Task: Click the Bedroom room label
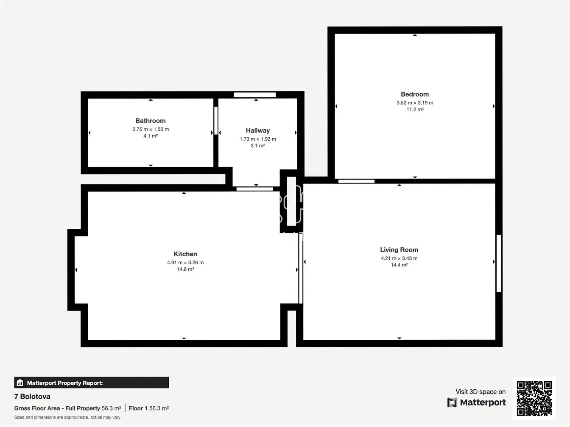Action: point(415,94)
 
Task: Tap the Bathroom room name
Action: point(151,121)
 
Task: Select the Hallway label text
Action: point(258,130)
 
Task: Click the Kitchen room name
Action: point(185,254)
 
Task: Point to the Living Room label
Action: point(399,250)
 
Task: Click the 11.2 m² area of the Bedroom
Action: point(415,109)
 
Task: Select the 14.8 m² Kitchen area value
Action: point(185,269)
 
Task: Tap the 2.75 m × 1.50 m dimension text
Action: point(151,129)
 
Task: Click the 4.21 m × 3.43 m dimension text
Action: point(399,258)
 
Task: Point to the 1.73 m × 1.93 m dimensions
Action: point(258,139)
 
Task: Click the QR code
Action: point(534,398)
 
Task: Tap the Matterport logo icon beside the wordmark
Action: point(452,402)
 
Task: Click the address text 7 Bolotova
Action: point(32,396)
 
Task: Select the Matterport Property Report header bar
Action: point(91,383)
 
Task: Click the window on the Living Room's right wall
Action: point(499,263)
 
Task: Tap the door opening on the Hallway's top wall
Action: point(254,95)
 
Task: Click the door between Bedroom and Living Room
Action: point(356,181)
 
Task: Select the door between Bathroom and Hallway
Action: point(216,120)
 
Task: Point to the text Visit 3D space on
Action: point(481,392)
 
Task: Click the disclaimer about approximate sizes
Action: point(67,418)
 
